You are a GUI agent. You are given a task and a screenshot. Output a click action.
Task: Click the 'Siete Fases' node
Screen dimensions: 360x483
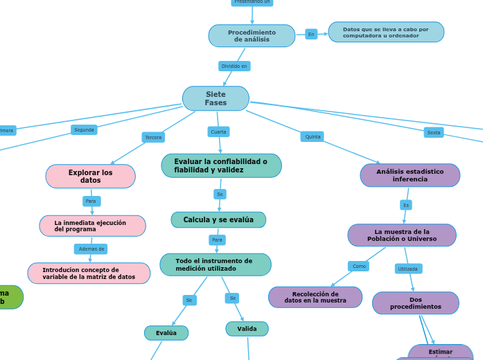point(216,98)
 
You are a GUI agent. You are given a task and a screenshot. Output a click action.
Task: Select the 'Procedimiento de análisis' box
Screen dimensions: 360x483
point(252,36)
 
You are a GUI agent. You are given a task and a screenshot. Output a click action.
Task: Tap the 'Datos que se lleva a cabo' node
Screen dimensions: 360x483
point(386,33)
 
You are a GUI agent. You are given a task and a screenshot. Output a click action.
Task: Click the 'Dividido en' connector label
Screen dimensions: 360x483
point(234,66)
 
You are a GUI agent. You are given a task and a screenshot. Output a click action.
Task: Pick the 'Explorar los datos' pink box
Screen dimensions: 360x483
point(90,177)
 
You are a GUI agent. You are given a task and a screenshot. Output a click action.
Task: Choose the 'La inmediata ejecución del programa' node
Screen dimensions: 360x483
point(92,226)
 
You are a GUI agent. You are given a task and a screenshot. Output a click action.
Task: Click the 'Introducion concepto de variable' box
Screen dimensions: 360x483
point(89,273)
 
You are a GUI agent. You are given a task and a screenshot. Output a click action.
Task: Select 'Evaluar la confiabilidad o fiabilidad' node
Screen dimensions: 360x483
point(221,166)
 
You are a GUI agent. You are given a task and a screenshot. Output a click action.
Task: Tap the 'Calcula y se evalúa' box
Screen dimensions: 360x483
point(218,220)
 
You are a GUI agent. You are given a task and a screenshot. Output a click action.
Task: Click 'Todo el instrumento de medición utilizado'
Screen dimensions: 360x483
point(215,264)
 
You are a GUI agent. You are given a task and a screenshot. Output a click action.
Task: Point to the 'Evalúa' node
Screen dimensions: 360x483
point(166,333)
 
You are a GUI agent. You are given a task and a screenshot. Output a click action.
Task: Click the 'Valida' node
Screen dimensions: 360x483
point(247,329)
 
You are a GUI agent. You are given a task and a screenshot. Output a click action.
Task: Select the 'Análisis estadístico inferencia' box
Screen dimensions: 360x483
point(410,176)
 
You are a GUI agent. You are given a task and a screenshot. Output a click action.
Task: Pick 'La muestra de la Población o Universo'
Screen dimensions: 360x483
point(402,235)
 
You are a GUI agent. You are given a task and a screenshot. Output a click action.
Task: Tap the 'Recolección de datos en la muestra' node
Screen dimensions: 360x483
point(315,298)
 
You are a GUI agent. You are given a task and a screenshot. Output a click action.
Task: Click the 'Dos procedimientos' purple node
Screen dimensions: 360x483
point(415,303)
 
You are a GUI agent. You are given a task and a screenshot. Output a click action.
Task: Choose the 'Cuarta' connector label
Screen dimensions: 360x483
point(218,132)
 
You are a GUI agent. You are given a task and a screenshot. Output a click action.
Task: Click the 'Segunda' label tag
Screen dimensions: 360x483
point(84,130)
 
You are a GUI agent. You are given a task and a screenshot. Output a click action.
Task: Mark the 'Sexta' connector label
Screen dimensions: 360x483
point(434,133)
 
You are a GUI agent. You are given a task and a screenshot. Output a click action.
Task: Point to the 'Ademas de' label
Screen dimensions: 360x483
point(91,249)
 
